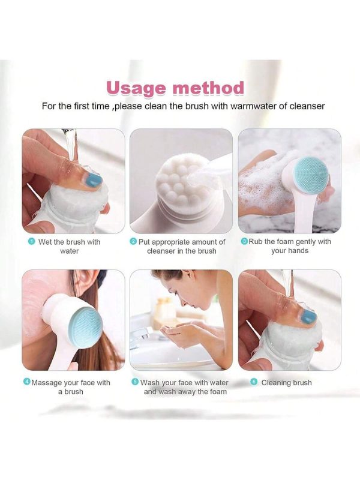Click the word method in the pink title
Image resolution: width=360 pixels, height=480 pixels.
pos(208,88)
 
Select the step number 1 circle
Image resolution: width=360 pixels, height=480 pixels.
pos(31,242)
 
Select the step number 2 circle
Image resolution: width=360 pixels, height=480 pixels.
pos(133,242)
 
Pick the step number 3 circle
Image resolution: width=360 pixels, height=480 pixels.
pos(245,241)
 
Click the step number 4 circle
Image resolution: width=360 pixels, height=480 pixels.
pos(27,382)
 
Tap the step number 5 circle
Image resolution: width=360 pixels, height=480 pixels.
pos(134,382)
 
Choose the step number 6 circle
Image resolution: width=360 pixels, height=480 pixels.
pos(253,382)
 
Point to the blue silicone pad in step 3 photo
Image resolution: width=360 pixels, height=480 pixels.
pos(310,175)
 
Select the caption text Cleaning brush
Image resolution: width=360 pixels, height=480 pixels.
pos(287,382)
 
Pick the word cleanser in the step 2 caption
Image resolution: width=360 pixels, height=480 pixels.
pos(161,251)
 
